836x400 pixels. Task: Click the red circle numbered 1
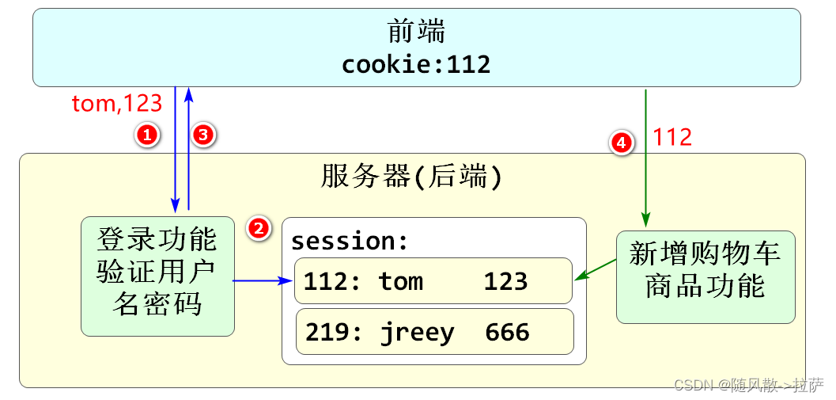click(x=146, y=135)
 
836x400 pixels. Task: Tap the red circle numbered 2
click(x=258, y=228)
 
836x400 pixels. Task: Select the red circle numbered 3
click(x=203, y=135)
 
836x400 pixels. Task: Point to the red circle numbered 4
click(x=621, y=143)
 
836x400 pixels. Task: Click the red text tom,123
click(x=116, y=104)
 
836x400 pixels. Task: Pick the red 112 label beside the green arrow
click(x=672, y=138)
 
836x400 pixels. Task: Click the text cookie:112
click(x=416, y=64)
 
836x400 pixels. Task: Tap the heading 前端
click(x=417, y=32)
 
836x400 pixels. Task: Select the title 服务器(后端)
click(x=411, y=177)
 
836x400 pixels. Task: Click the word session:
click(x=350, y=240)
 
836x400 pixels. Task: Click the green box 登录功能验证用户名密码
click(x=157, y=276)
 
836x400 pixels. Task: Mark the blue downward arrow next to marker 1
click(x=175, y=150)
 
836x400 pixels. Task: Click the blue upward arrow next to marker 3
click(x=188, y=150)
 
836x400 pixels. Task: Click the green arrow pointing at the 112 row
click(x=596, y=269)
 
